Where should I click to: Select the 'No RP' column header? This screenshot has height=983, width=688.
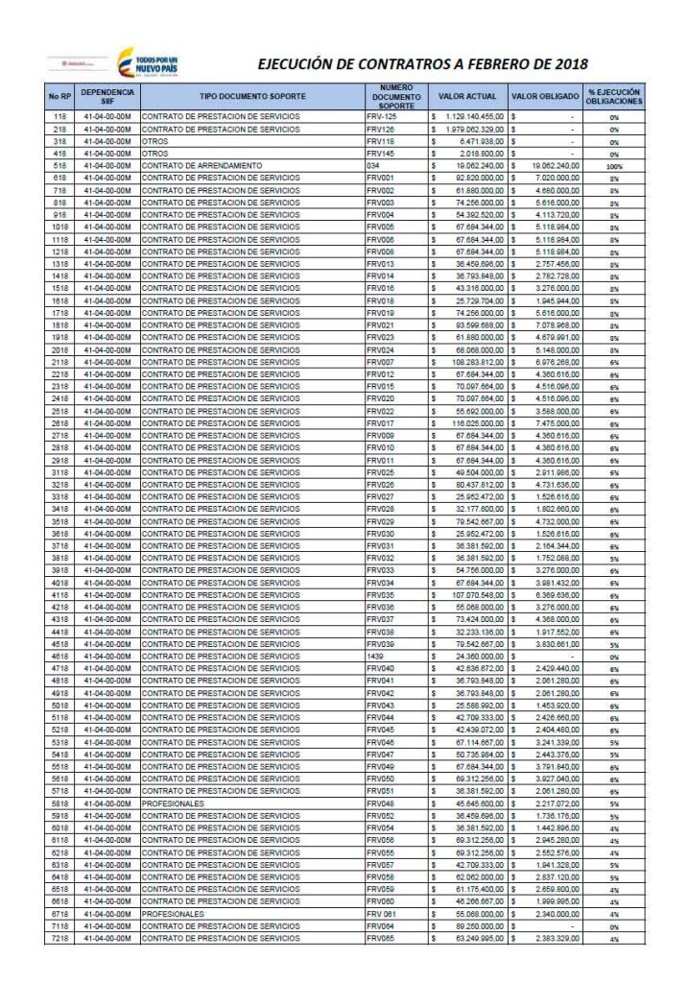59,97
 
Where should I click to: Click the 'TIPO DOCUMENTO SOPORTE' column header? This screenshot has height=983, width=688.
252,97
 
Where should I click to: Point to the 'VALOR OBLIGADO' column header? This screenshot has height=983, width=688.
544,97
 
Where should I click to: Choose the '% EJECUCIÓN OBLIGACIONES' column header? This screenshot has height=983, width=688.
614,97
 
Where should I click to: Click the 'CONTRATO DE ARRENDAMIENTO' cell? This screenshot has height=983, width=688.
203,166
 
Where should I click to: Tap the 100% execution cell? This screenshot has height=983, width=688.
614,166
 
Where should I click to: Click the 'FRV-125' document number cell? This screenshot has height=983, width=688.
381,116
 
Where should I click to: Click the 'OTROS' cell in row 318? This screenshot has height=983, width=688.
155,141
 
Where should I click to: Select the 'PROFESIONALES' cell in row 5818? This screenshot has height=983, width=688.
173,803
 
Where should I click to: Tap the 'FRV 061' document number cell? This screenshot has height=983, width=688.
381,914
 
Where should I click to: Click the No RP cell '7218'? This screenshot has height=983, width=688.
59,939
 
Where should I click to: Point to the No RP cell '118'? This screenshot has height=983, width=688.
59,116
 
